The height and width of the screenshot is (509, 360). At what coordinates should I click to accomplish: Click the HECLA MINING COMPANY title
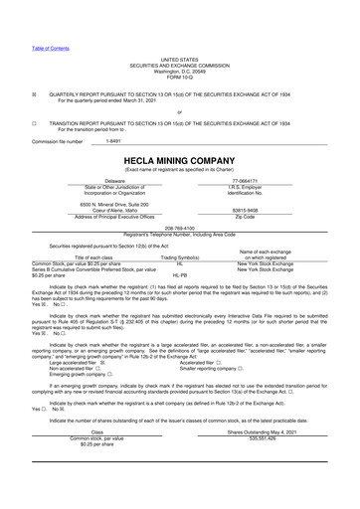179,158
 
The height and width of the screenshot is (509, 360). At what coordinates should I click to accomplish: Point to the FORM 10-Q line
179,52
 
